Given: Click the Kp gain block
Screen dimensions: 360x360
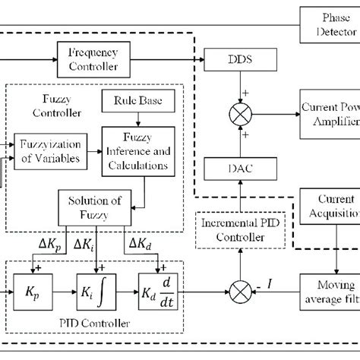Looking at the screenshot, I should coord(32,312).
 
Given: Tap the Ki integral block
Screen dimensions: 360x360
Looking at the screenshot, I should coord(97,312).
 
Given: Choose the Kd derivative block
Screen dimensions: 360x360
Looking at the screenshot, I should coord(159,312).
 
